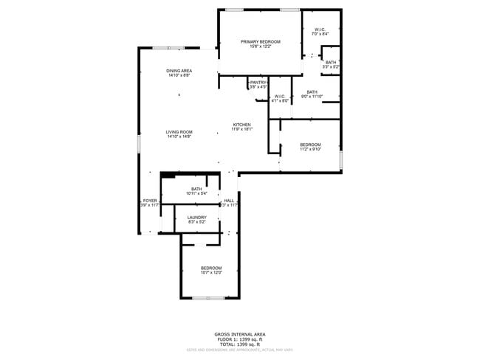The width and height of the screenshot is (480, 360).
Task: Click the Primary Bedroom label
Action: [261, 41]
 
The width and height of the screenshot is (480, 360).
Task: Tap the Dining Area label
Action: [179, 71]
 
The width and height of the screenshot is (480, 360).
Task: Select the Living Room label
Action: [179, 132]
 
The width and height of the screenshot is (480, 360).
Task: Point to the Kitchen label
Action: [242, 125]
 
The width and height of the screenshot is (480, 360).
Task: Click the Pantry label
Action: [258, 83]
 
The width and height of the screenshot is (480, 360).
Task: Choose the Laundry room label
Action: [196, 217]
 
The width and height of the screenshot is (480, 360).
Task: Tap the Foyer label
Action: [150, 201]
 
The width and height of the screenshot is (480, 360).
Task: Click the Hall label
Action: [230, 201]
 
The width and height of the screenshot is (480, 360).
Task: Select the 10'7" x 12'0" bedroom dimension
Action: [211, 272]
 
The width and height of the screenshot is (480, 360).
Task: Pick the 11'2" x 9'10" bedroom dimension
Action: [310, 149]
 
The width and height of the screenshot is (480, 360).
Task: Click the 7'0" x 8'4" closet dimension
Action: [320, 34]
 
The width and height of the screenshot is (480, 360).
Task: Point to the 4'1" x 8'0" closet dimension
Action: [280, 101]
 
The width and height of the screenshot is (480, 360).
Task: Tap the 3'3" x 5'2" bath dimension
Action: [331, 67]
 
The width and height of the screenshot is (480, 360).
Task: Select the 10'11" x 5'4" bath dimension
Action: [196, 194]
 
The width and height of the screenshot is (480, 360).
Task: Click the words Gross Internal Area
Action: [239, 333]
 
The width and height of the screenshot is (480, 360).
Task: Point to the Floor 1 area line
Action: [239, 339]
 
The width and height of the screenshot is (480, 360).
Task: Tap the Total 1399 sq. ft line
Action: [239, 344]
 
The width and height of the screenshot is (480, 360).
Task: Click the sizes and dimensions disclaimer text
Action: [239, 350]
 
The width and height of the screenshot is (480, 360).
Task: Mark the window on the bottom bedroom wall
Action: [208, 298]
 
